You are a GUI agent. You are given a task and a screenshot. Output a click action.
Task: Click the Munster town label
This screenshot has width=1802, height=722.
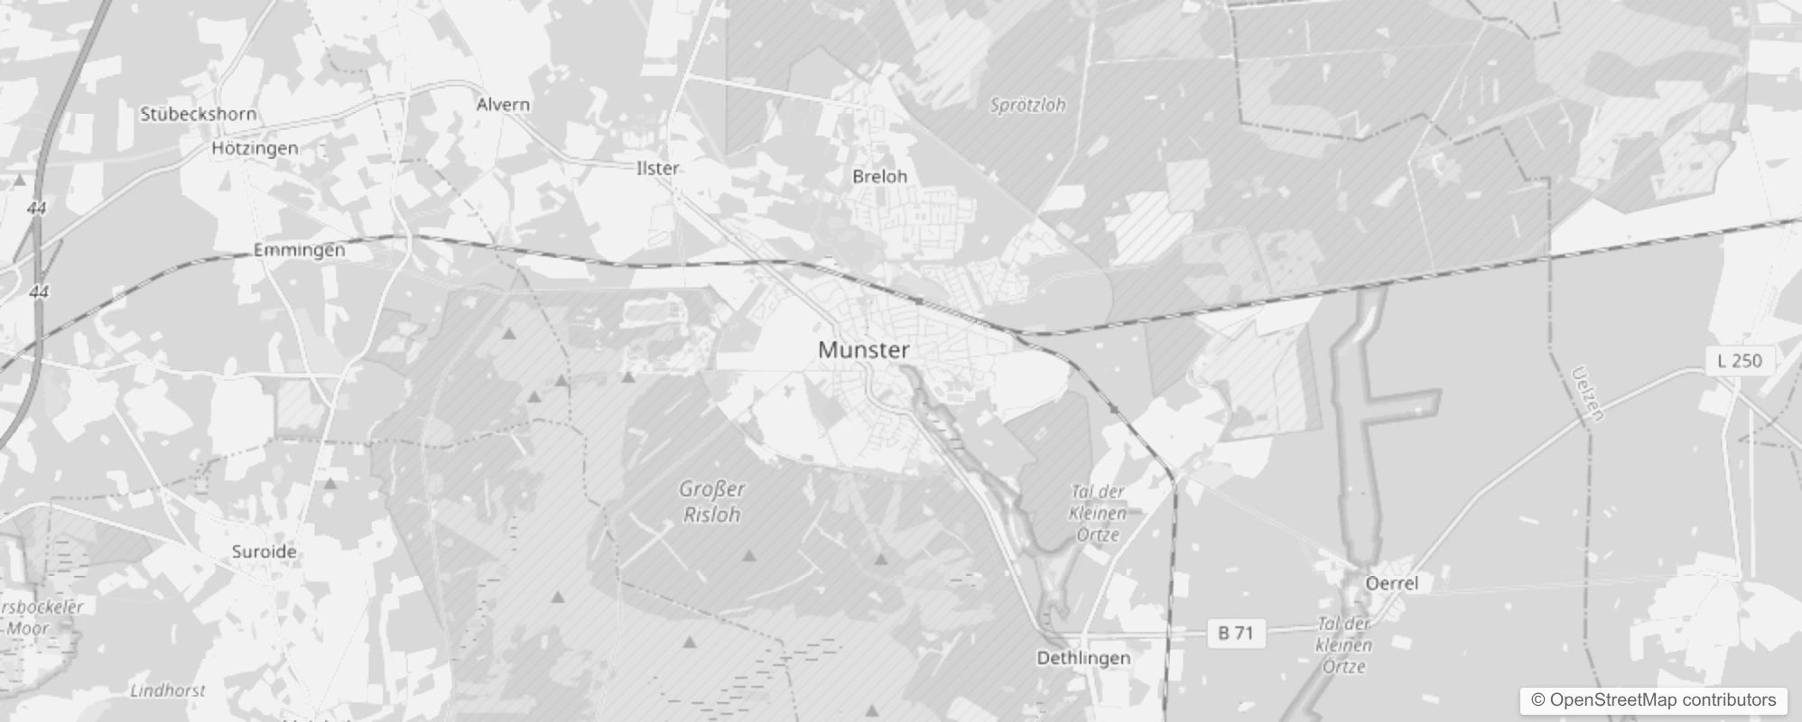coord(863,350)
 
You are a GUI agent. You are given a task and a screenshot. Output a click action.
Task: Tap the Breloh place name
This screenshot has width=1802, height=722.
coord(879,176)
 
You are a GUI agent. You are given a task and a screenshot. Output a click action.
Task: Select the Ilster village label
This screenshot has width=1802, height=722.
coord(657,168)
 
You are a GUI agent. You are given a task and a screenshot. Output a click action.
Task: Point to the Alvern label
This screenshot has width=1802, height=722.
coord(503,105)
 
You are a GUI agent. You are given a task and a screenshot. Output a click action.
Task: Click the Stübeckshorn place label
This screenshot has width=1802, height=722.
coord(199,114)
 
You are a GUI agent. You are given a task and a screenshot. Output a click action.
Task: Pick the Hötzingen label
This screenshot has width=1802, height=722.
coord(255,148)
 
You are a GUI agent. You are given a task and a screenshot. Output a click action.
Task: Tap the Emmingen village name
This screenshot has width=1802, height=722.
coord(299,250)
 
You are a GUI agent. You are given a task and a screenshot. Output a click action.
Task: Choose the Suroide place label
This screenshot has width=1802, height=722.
coord(264,551)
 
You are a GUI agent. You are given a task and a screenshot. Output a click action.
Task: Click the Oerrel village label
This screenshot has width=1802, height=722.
coord(1391,583)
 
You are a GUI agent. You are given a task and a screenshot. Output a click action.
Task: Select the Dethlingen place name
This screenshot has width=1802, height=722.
coord(1082,658)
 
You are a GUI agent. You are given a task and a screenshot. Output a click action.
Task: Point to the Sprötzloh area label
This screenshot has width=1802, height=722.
coord(1027,105)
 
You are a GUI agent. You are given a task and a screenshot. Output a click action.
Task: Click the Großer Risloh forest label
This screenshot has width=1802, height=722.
coord(711,502)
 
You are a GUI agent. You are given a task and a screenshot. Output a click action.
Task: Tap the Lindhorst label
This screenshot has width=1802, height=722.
coord(168,690)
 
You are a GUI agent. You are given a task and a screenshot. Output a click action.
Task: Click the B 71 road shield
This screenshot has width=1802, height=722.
coord(1235,633)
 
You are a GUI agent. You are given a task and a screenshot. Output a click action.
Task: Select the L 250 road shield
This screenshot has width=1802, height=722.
coord(1739,360)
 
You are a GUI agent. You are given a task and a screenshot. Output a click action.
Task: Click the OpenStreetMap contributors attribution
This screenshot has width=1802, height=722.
coord(1653,700)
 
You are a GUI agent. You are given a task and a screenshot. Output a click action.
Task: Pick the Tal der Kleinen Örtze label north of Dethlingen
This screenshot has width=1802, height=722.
coord(1097,513)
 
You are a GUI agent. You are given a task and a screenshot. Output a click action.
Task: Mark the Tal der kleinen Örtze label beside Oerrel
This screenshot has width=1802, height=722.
coord(1344,645)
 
